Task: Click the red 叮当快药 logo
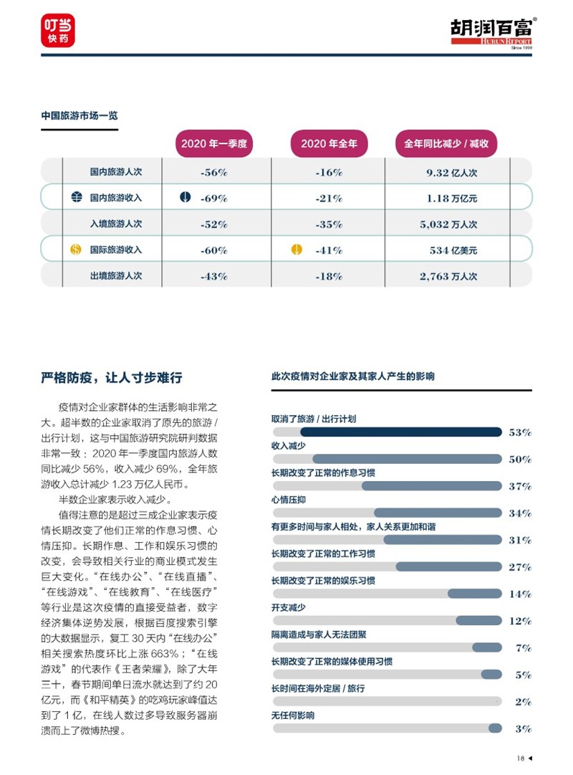(58, 30)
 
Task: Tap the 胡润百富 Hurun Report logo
(493, 33)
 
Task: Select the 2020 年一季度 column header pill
(214, 144)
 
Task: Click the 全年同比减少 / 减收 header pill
(446, 144)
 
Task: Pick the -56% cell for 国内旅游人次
(214, 173)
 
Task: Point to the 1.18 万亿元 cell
(452, 198)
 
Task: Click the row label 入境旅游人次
(116, 224)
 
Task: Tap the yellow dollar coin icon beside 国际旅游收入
(76, 249)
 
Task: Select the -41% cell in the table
(329, 250)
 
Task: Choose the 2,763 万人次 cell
(448, 276)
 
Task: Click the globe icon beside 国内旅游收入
(77, 198)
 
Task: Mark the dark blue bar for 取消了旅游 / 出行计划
(401, 432)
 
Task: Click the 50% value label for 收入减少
(520, 459)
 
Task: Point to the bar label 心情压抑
(289, 500)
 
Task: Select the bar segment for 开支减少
(478, 621)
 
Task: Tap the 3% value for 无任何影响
(523, 728)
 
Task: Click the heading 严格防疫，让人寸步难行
(112, 378)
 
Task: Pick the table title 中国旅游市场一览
(80, 115)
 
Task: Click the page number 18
(521, 759)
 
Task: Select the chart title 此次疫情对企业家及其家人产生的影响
(352, 376)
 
